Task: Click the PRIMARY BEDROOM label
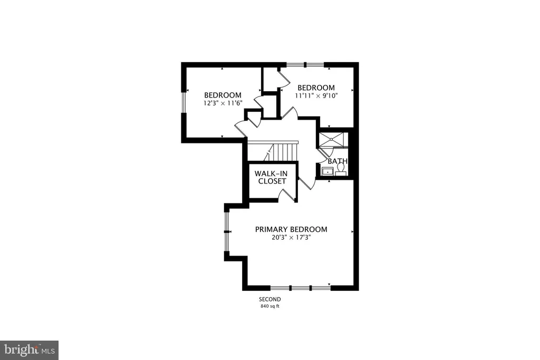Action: tap(291, 229)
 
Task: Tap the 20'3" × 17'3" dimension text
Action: tap(291, 238)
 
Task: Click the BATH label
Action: tap(337, 161)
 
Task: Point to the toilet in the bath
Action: tap(341, 169)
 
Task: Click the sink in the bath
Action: tap(327, 171)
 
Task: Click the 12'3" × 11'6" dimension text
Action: tap(223, 103)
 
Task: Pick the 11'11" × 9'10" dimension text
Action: tap(316, 96)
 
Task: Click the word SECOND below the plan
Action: tap(270, 299)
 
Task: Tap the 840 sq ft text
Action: tap(270, 306)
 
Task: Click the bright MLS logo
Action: tap(30, 351)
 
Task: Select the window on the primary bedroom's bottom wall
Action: tap(301, 288)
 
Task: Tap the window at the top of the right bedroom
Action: tap(305, 64)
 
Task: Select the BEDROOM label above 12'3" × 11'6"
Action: tap(223, 95)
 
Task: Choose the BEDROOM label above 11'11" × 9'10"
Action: tap(316, 88)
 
